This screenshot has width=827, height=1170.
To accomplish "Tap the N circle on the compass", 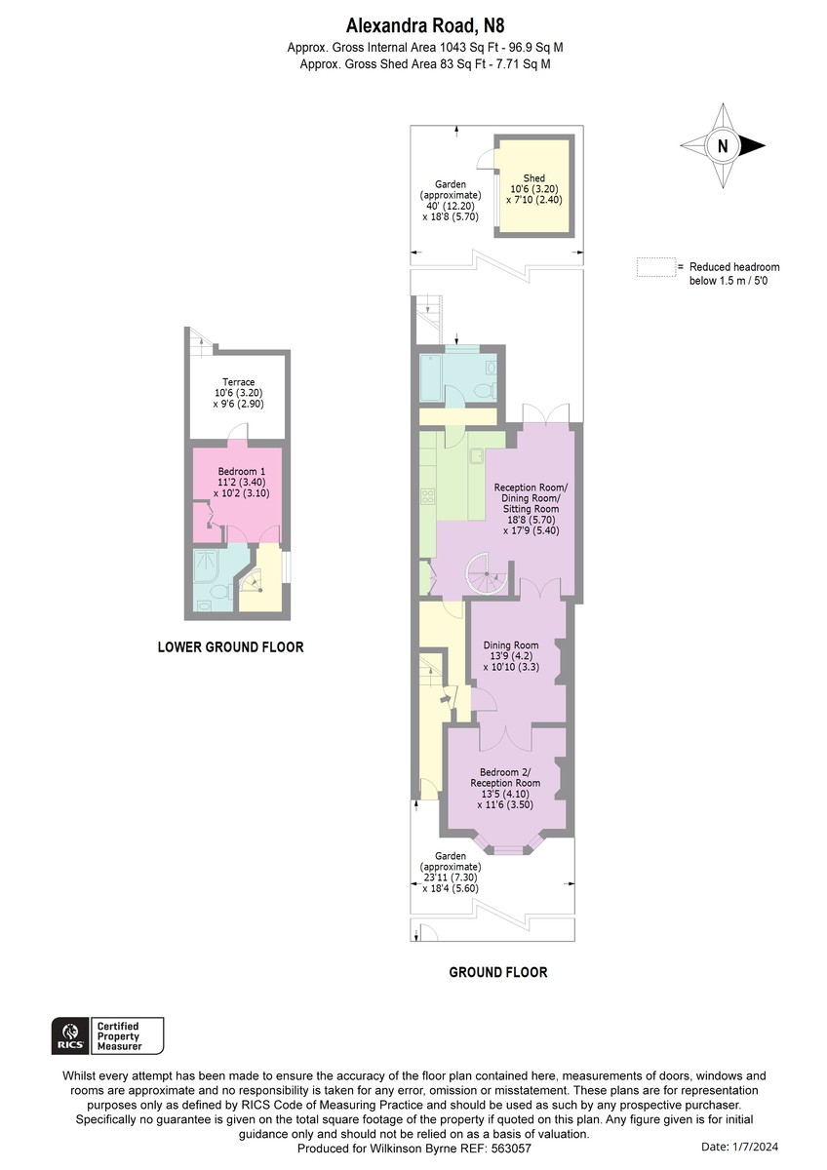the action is [x=723, y=145].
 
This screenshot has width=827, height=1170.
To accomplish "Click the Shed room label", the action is [x=533, y=188].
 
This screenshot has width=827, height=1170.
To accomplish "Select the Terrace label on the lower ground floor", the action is [x=238, y=393].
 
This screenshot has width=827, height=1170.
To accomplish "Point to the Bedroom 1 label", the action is [x=241, y=482].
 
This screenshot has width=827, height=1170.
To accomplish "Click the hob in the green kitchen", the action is [x=427, y=496].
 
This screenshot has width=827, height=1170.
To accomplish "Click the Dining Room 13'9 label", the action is [x=510, y=656].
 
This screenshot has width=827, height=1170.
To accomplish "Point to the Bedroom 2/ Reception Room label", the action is [x=505, y=788].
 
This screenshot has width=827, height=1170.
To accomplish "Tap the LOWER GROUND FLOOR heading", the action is [x=230, y=647].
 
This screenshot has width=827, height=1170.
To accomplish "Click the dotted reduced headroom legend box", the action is [x=655, y=267].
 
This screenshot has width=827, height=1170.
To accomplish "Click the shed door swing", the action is [x=487, y=159].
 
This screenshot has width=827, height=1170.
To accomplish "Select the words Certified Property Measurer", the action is [x=119, y=1036].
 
